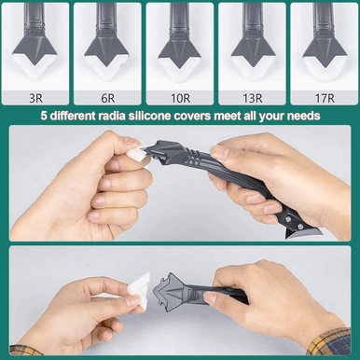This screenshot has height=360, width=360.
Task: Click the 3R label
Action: point(35,99)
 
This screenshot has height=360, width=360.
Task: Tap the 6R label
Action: point(108,99)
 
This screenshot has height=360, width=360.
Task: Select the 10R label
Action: point(180,99)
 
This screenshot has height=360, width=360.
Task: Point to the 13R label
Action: point(253,99)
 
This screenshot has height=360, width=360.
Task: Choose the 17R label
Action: point(325,99)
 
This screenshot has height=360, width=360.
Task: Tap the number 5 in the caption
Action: point(44,117)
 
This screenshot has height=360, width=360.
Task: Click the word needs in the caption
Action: point(303,117)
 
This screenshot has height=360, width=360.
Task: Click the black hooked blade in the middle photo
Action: point(298,231)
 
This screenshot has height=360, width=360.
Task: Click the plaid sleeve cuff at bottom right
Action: point(329,342)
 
